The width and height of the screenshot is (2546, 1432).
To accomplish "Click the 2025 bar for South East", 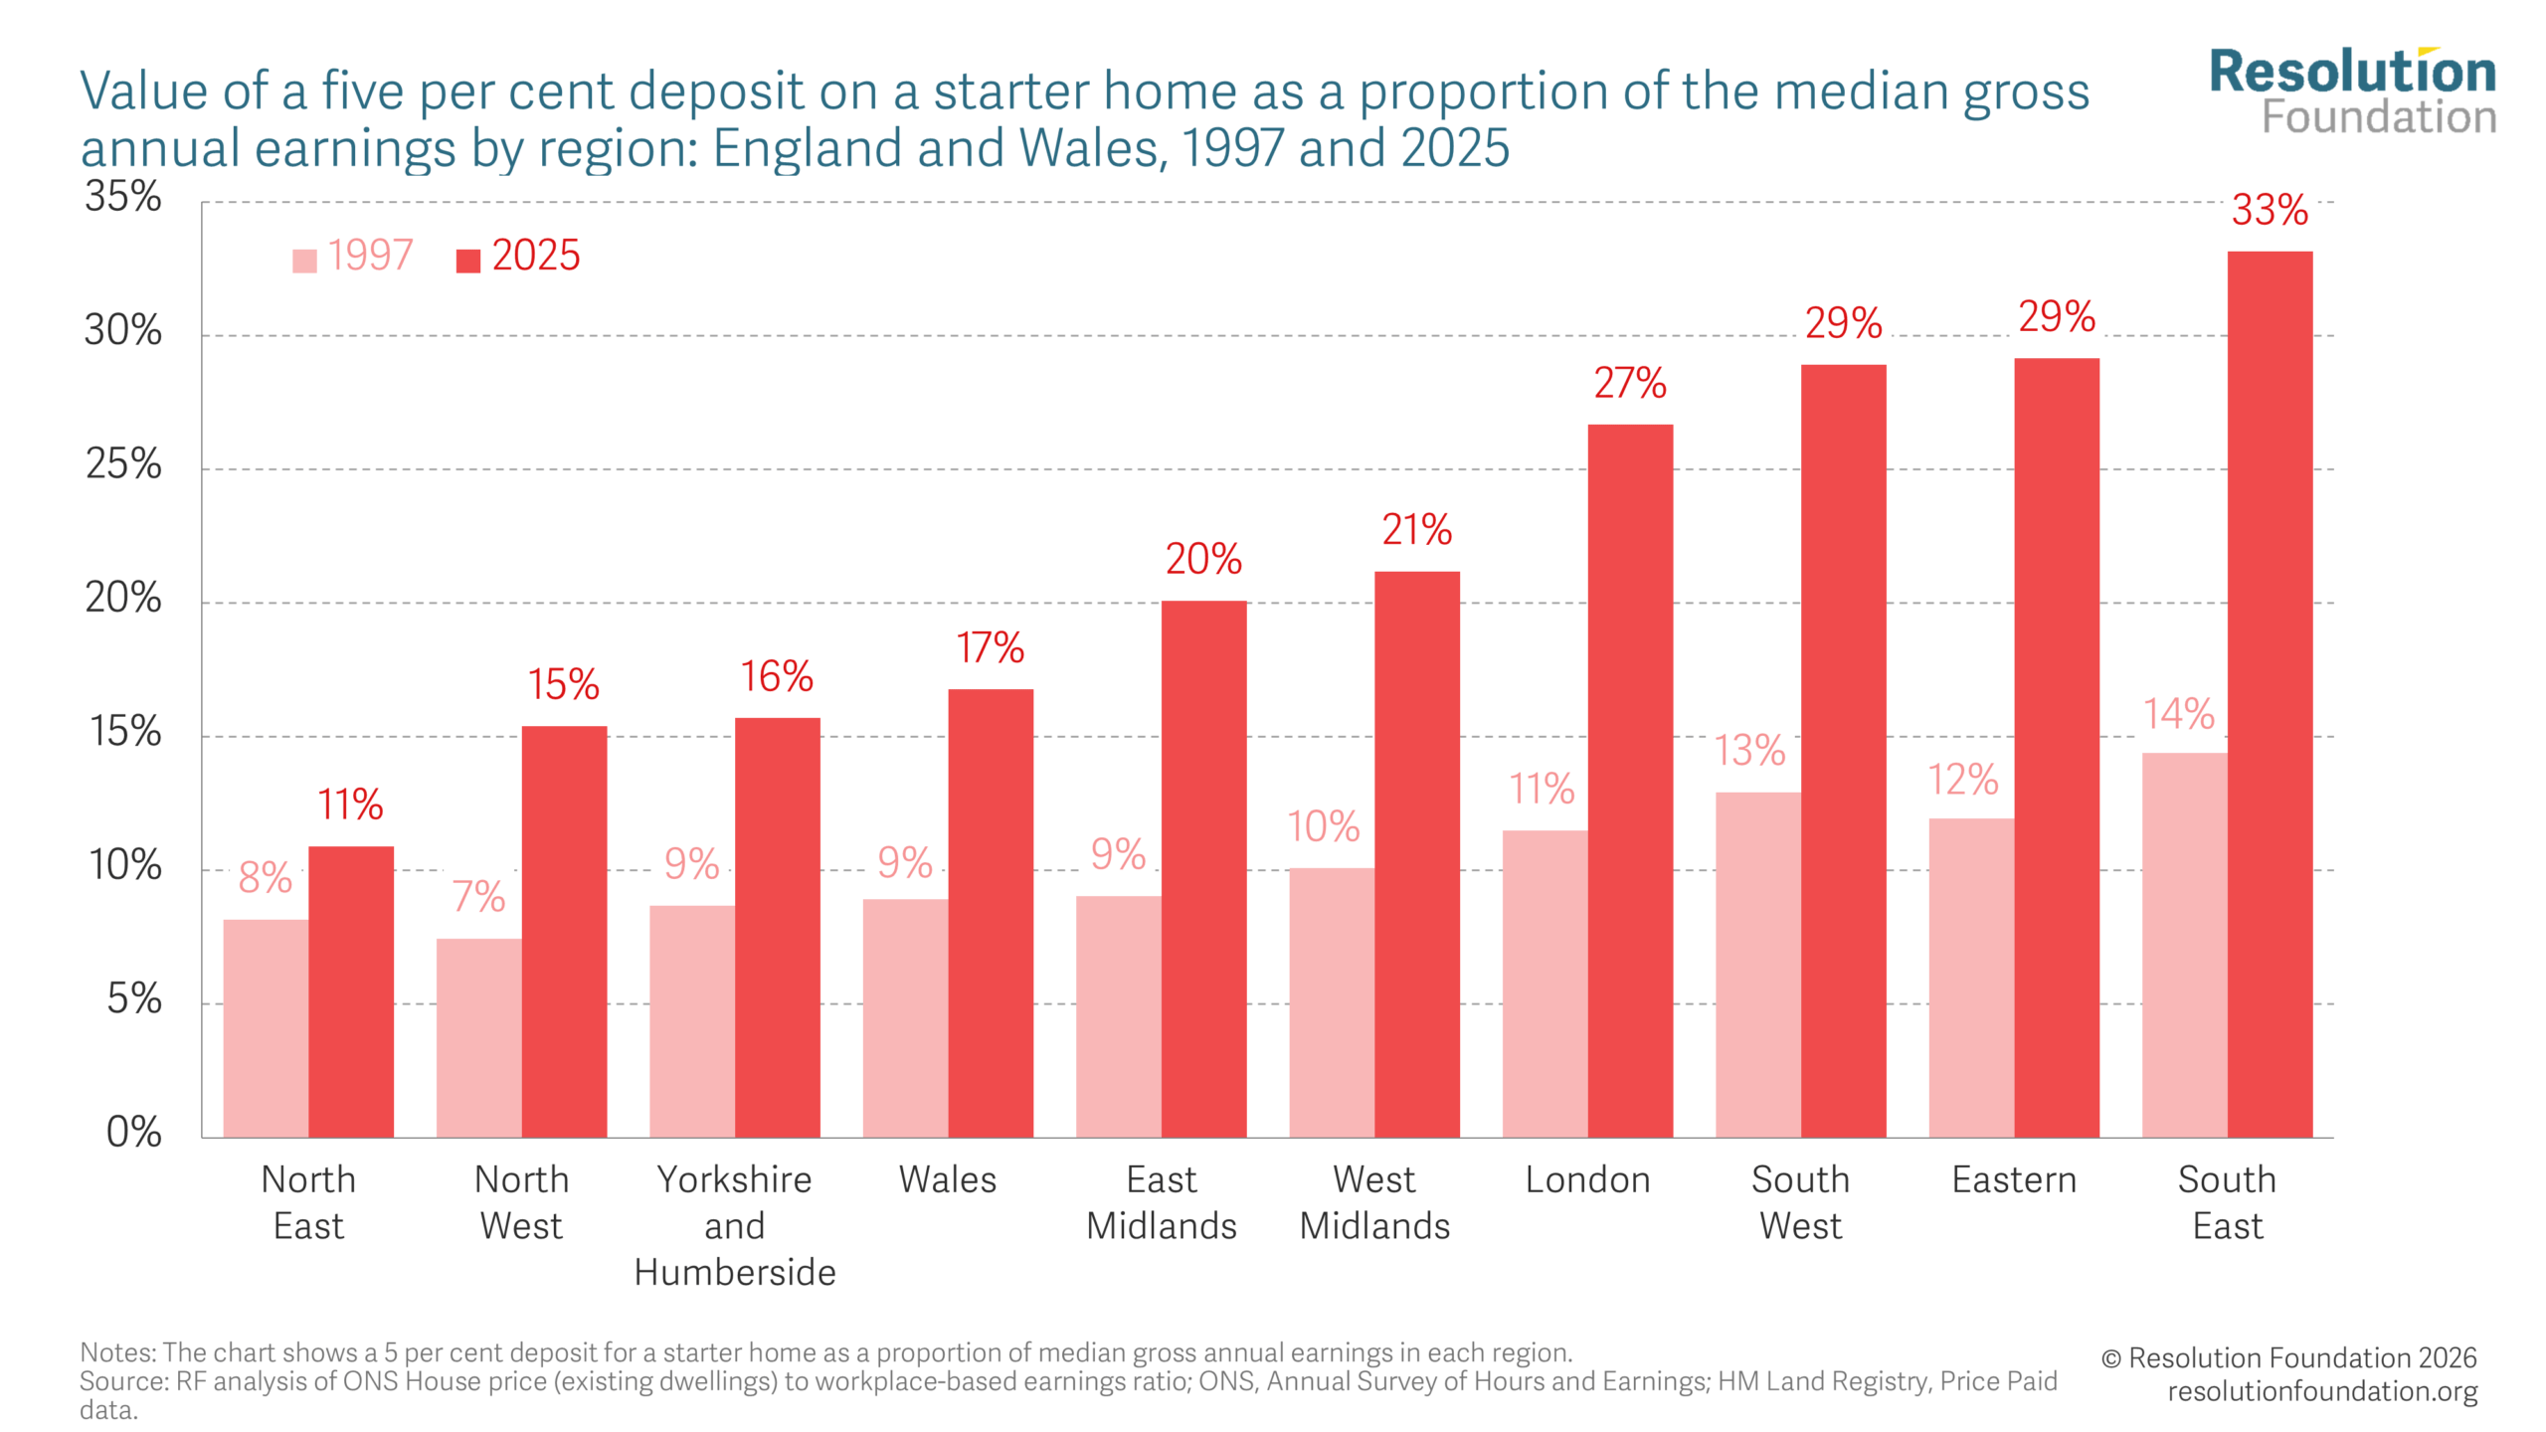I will tap(2270, 696).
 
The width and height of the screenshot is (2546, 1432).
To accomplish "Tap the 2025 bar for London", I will tap(1630, 781).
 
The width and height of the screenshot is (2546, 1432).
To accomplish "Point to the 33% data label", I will tap(2270, 210).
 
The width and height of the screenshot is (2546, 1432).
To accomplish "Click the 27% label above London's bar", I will tap(1630, 383).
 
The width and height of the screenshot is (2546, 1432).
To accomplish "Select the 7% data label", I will tap(478, 897).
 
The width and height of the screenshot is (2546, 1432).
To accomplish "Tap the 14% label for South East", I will tap(2178, 714).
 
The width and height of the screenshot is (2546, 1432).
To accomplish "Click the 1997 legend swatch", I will tap(304, 261).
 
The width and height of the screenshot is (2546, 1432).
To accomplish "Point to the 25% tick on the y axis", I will tap(123, 464).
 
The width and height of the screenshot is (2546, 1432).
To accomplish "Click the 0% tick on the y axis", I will tap(133, 1132).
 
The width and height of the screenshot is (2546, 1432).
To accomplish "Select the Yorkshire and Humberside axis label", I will tap(735, 1225).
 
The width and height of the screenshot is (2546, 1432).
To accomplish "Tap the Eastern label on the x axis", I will tap(2014, 1179).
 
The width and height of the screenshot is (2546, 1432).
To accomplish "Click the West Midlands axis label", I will tap(1374, 1202).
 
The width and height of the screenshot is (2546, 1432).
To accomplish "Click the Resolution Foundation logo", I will tap(2352, 91).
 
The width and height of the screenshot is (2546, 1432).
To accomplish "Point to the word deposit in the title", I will tap(715, 91).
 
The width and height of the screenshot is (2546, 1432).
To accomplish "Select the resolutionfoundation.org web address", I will tap(2322, 1391).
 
